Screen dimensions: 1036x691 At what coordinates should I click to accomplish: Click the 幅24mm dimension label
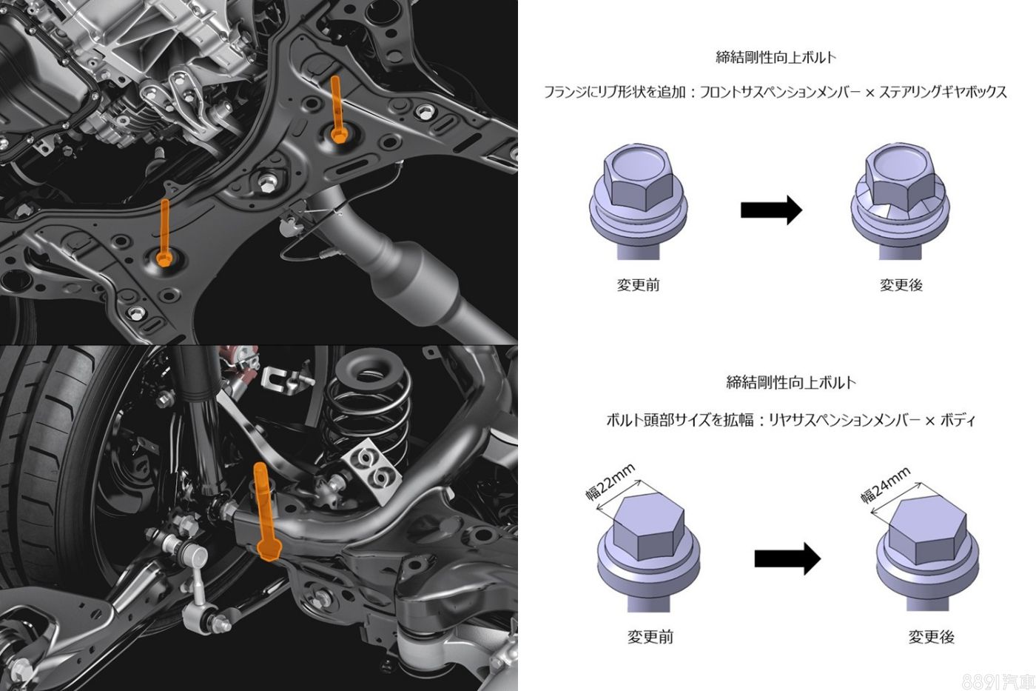click(x=886, y=485)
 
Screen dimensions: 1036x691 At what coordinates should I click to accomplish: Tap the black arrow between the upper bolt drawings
click(x=771, y=210)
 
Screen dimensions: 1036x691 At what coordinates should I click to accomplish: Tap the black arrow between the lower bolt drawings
click(x=787, y=559)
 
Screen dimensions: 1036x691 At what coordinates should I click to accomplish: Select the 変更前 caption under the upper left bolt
click(x=638, y=284)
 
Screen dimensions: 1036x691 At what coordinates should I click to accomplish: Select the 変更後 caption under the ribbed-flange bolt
click(x=901, y=284)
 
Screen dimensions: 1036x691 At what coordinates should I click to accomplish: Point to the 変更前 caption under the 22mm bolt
click(x=650, y=638)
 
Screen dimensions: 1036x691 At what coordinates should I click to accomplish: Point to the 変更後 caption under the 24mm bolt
click(x=932, y=638)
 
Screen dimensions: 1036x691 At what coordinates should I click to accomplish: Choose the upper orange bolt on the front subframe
click(x=337, y=111)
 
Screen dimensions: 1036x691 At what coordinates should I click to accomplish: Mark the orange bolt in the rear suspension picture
click(x=266, y=512)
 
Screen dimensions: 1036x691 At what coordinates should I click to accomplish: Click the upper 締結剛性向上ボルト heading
click(x=776, y=57)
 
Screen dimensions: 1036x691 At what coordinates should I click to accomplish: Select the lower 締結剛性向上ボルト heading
click(x=791, y=382)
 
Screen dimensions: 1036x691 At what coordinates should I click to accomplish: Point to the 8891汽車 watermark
click(x=998, y=681)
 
